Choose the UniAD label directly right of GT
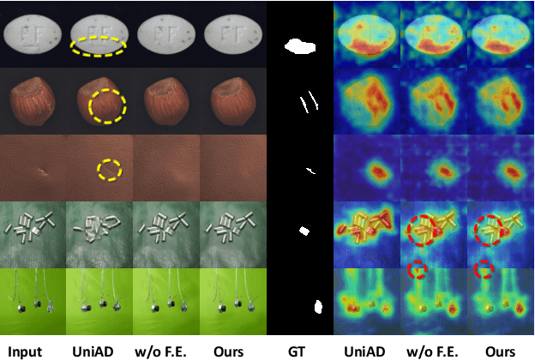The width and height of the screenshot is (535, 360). (365, 350)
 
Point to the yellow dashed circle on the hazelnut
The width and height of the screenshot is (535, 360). (107, 105)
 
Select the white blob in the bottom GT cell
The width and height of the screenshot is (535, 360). (317, 306)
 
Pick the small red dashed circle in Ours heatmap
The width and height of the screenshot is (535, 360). (485, 269)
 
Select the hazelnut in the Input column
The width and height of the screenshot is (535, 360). (33, 101)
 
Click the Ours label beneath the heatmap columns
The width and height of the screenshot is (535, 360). (499, 350)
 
